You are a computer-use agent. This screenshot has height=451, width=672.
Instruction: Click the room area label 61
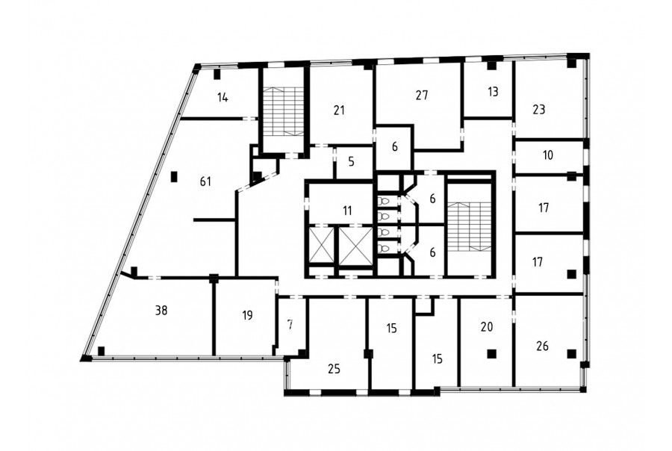coord(206,181)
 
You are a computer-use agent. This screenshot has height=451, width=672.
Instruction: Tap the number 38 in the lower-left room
coord(161,310)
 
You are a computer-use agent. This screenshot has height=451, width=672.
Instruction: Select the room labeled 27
coord(422,95)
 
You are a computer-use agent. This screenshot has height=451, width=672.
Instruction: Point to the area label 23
coord(538,109)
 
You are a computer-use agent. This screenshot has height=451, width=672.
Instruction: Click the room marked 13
coord(493,91)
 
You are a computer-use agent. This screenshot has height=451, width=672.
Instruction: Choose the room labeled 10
coord(548,155)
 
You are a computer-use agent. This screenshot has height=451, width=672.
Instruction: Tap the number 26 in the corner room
coord(542,346)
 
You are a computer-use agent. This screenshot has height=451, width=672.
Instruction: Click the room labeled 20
coord(486,326)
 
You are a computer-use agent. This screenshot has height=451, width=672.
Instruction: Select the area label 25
coord(334,368)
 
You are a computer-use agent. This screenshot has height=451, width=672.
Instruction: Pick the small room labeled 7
coord(290,325)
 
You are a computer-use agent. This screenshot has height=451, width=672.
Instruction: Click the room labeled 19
coord(247,316)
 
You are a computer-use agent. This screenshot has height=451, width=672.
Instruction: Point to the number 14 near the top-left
coord(222,98)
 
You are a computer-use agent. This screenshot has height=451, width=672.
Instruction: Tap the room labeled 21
coord(338,111)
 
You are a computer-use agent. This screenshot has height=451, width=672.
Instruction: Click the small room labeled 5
coord(352,161)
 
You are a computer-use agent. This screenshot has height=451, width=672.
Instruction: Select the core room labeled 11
coord(347,211)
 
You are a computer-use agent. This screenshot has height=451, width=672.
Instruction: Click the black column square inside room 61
coord(173,177)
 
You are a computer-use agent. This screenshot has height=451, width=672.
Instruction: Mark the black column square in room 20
coord(491,354)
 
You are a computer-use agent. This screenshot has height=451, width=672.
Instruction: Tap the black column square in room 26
coord(571,354)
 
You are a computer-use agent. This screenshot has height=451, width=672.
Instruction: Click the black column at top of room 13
coord(491,66)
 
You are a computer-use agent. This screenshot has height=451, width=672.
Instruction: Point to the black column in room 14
coord(217,74)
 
